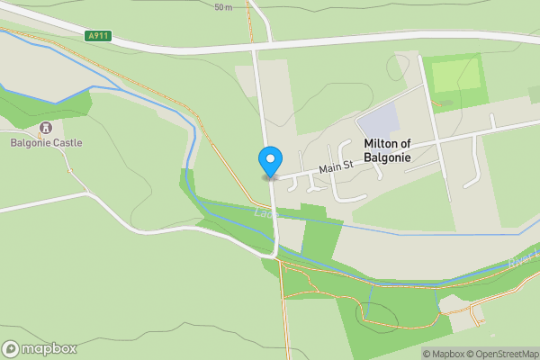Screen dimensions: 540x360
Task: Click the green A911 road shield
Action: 98,36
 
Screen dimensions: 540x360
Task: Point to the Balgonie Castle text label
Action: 46,142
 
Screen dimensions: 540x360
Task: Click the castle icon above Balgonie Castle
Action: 46,127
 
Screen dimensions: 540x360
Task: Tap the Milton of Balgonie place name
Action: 400,150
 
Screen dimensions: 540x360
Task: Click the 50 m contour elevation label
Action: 223,7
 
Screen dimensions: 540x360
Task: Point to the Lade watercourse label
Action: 263,212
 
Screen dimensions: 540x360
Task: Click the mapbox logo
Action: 40,348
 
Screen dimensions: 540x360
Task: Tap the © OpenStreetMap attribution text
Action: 503,354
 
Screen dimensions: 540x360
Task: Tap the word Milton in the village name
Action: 381,144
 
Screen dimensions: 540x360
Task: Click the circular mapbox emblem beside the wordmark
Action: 11,348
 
